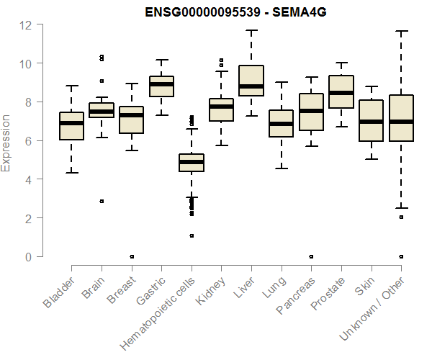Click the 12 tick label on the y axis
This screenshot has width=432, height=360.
point(26,25)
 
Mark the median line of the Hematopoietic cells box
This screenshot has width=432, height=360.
point(192,162)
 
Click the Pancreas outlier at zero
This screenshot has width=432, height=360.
point(311,256)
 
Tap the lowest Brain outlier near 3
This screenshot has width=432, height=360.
point(102,202)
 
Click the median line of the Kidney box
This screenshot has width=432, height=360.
point(222,107)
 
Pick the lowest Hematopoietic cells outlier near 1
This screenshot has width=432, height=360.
point(192,235)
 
